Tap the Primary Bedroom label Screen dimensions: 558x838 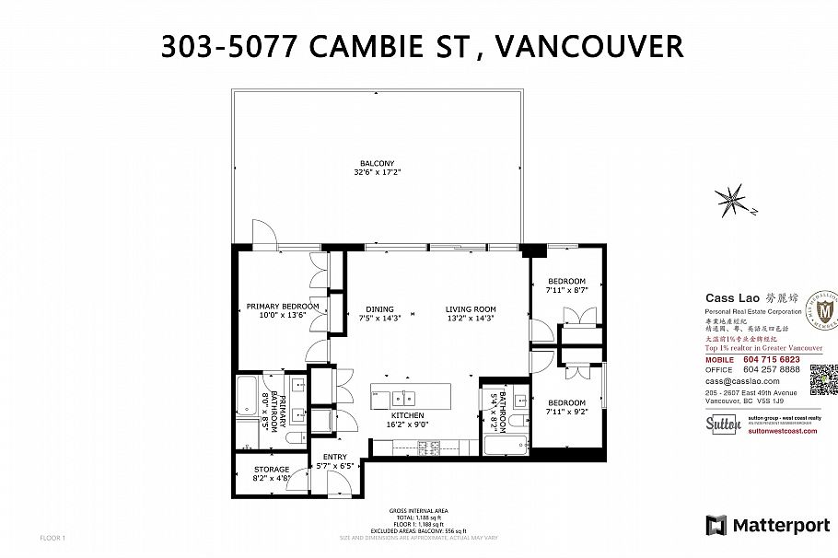(x=282, y=306)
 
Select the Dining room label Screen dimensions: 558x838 (x=378, y=309)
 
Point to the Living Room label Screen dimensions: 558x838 (x=471, y=309)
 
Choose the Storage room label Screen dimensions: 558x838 (x=272, y=470)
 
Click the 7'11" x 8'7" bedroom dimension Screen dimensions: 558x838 (x=566, y=290)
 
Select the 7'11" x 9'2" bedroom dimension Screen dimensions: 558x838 (x=566, y=412)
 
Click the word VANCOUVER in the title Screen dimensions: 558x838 (x=590, y=46)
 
